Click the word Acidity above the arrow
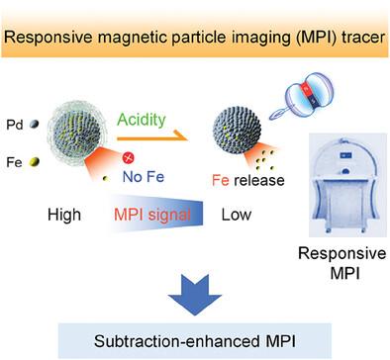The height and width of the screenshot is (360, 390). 142,120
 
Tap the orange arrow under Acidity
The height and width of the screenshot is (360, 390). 152,136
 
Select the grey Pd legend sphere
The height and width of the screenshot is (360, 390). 34,125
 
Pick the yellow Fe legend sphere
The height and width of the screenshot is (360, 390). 34,162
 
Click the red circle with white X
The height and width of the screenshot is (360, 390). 129,158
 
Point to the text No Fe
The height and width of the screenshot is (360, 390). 144,177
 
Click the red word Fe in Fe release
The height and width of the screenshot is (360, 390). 221,180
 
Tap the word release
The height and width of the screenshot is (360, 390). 259,180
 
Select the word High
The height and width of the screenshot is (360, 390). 64,215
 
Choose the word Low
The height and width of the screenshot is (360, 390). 237,215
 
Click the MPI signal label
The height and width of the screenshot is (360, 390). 152,215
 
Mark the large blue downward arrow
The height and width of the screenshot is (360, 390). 195,294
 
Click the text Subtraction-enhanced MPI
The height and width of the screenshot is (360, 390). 195,341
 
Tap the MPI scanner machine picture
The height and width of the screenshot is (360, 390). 347,185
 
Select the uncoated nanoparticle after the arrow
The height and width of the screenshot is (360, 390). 237,130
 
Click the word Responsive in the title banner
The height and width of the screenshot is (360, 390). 48,37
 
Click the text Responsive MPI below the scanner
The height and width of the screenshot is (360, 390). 342,263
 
